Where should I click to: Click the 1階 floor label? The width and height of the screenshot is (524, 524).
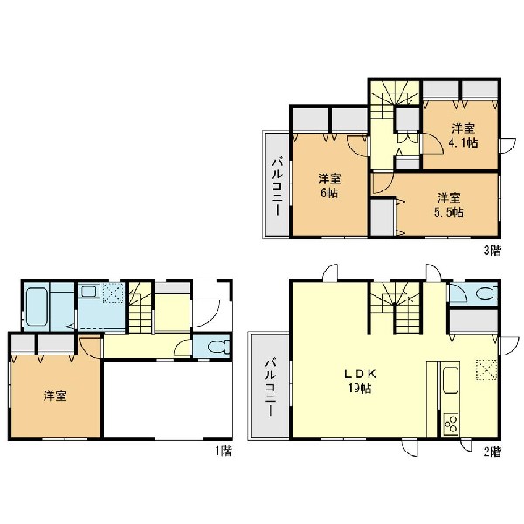(x=224, y=452)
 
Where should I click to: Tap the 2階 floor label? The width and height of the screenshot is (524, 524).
(x=493, y=452)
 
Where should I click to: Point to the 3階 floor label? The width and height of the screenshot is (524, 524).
(x=493, y=251)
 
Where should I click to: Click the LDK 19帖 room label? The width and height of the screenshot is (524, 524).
(x=361, y=381)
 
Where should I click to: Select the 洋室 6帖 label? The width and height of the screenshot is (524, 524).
(x=329, y=186)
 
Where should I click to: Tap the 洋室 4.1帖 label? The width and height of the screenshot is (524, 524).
(x=464, y=135)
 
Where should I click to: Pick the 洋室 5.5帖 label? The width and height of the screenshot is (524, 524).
(x=449, y=205)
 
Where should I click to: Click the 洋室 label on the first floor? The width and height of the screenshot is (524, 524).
(x=55, y=396)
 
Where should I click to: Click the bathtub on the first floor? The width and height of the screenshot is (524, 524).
(x=37, y=307)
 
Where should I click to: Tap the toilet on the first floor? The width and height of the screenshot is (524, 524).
(x=219, y=347)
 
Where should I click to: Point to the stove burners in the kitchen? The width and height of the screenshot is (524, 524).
(x=451, y=423)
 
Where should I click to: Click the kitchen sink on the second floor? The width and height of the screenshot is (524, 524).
(x=451, y=380)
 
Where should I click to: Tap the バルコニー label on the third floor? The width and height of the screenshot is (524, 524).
(x=278, y=187)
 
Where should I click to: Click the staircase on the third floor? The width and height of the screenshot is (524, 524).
(x=395, y=100)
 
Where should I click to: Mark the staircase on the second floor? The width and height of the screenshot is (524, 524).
(x=395, y=307)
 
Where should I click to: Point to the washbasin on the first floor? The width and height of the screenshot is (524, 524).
(x=89, y=293)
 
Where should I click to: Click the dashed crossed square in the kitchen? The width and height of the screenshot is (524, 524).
(x=486, y=369)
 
